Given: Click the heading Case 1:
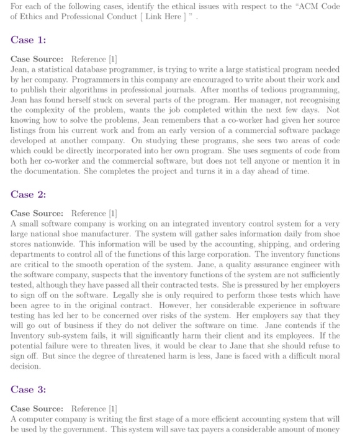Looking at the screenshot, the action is (28, 40).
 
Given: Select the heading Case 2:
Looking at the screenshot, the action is (28, 194).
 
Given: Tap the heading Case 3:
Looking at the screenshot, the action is (28, 390).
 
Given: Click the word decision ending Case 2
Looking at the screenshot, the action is (25, 366).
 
